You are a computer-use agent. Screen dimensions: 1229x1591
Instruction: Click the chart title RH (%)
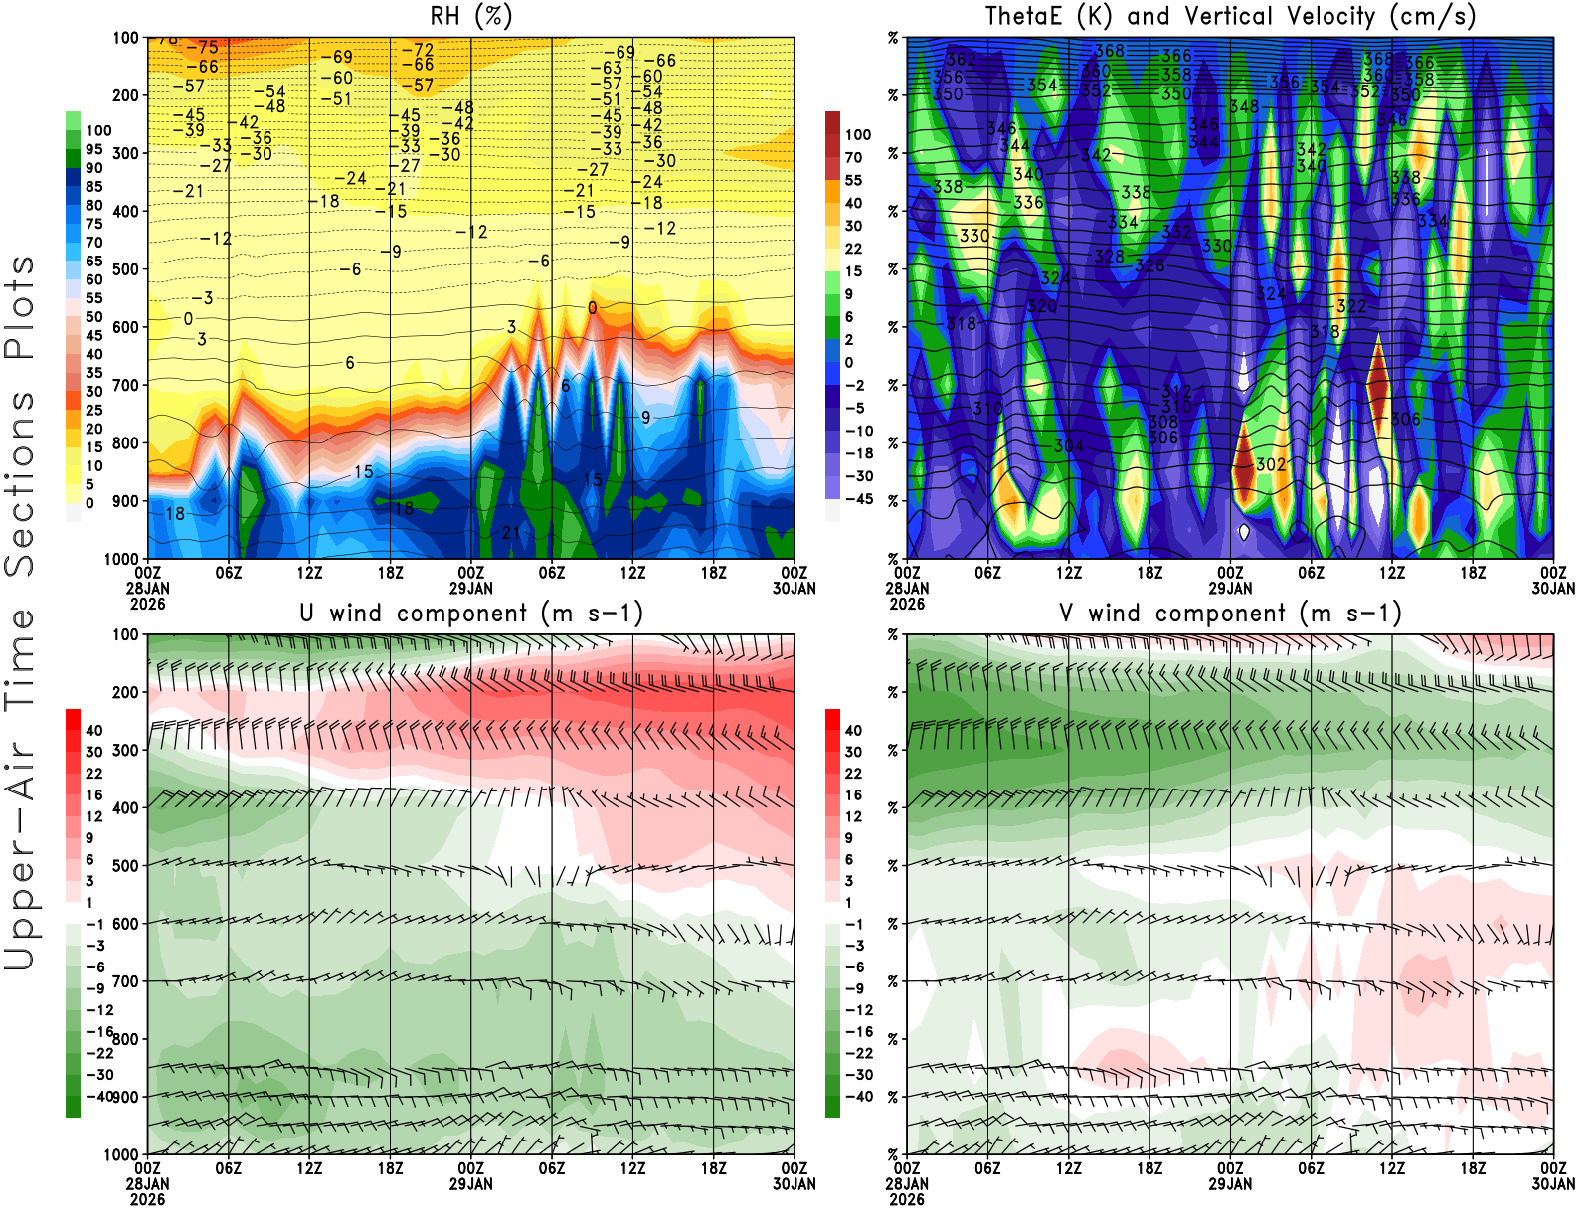(x=471, y=17)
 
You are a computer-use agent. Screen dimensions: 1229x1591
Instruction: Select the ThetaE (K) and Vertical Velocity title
(x=1230, y=17)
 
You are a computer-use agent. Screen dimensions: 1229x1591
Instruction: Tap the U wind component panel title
(x=471, y=614)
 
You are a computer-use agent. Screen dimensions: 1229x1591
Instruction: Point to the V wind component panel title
(x=1230, y=614)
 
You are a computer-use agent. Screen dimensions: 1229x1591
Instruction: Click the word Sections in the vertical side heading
(x=20, y=482)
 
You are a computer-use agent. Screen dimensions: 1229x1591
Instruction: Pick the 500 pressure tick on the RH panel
(x=126, y=269)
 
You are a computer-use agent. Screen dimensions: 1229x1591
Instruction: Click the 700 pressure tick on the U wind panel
(x=126, y=981)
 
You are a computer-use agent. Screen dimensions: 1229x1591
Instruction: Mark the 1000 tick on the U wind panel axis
(x=122, y=1154)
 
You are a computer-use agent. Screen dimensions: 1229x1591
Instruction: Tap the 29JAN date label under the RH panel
(x=471, y=588)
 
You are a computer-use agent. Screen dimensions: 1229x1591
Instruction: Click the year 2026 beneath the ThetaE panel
(x=907, y=604)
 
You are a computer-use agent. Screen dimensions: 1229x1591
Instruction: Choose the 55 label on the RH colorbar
(x=94, y=298)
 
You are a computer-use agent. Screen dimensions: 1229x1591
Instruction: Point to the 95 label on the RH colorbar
(x=94, y=149)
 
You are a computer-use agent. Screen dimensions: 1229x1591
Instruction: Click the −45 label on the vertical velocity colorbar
(x=859, y=499)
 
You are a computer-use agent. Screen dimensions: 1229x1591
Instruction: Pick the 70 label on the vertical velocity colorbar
(x=854, y=157)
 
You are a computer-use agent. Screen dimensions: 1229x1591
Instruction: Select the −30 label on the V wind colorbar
(x=859, y=1075)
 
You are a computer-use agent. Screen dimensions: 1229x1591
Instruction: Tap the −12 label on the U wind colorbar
(x=99, y=1010)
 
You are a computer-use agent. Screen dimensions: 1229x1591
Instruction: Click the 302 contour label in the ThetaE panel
(x=1271, y=464)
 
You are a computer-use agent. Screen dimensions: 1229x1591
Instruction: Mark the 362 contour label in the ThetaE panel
(x=961, y=60)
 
